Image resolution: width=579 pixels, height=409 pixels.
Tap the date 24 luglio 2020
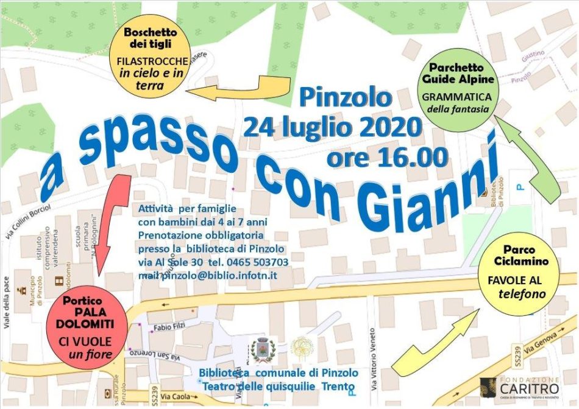332,128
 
